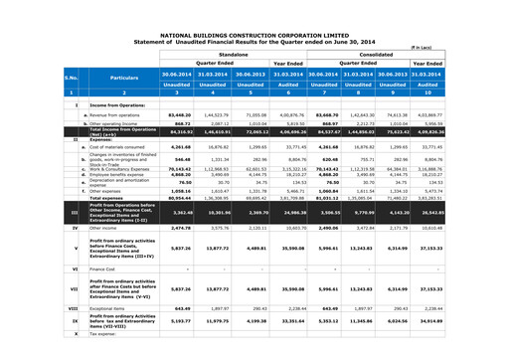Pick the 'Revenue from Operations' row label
coord(112,115)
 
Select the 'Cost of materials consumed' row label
coord(113,149)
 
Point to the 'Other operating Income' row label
coord(110,123)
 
